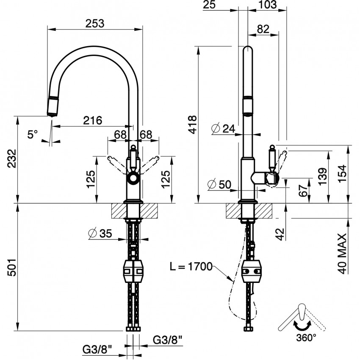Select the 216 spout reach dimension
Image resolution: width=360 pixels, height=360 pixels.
click(92, 120)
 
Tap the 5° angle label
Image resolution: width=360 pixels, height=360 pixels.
click(33, 134)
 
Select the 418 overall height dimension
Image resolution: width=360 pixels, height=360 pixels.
click(191, 125)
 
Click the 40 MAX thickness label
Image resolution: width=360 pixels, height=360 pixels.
click(343, 253)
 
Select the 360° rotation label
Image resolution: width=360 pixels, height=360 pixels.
click(306, 338)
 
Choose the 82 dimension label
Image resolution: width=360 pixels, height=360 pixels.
click(263, 29)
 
